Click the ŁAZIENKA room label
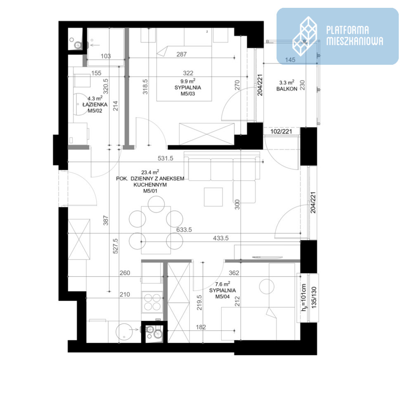click(x=95, y=104)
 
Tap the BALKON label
click(x=287, y=89)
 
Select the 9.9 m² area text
click(x=188, y=81)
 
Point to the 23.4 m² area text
click(x=150, y=172)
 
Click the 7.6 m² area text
click(x=222, y=284)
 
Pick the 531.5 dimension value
click(x=166, y=158)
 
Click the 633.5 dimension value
click(x=184, y=229)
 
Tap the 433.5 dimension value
click(x=221, y=238)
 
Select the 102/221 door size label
click(x=281, y=132)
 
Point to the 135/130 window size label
click(x=314, y=297)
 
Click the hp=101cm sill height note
click(x=303, y=297)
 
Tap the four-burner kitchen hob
click(x=152, y=302)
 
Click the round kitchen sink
click(x=124, y=332)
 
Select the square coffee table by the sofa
click(x=213, y=197)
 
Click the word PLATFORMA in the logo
click(x=347, y=30)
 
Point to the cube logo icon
click(x=305, y=36)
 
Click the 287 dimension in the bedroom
click(x=182, y=54)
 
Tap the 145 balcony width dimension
click(x=290, y=60)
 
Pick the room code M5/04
click(x=222, y=297)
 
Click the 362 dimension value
click(x=234, y=273)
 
